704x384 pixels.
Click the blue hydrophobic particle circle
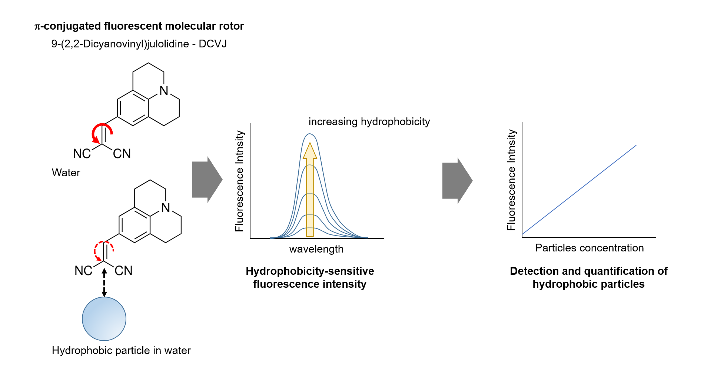(x=104, y=319)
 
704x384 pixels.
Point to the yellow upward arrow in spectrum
(x=310, y=193)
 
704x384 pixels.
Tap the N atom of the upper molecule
(x=164, y=91)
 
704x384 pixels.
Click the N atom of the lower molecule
(x=166, y=208)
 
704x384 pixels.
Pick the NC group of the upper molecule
(x=82, y=154)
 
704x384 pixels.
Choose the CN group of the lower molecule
(x=123, y=271)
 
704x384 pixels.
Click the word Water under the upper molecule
(x=66, y=173)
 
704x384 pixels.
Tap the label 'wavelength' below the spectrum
(x=316, y=249)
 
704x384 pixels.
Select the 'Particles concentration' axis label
(x=589, y=248)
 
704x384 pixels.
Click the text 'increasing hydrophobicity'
(x=369, y=121)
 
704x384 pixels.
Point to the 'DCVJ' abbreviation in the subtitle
(x=212, y=44)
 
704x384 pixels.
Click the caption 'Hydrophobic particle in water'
(x=121, y=350)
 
